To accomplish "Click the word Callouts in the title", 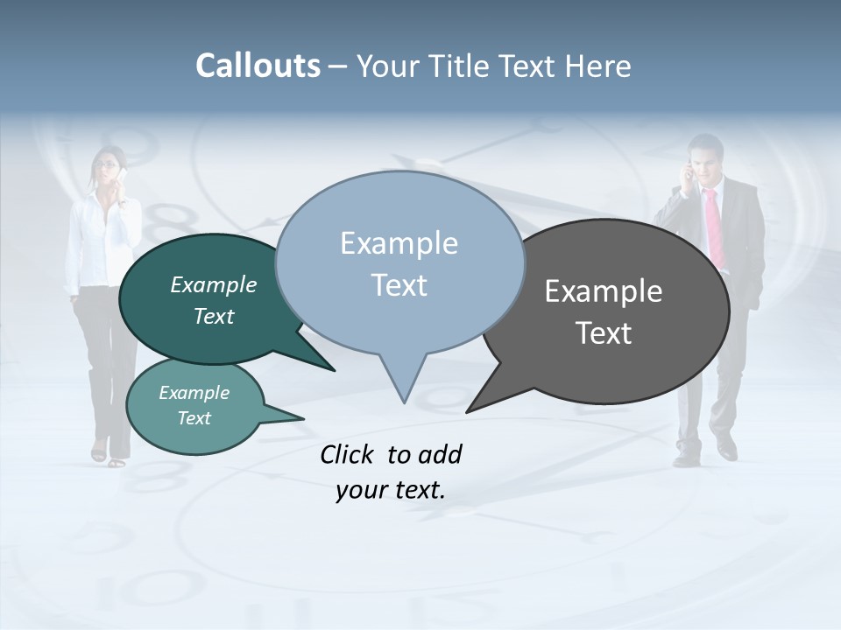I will pos(258,66).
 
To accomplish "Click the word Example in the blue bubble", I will pos(399,243).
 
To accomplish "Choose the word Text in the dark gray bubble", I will pos(604,333).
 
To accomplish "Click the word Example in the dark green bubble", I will pos(213,284).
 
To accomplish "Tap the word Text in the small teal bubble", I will pos(194,418).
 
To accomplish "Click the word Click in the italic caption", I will pos(347,455).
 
